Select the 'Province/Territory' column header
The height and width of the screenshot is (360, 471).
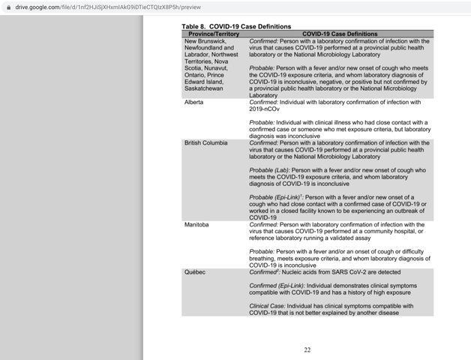(x=212, y=34)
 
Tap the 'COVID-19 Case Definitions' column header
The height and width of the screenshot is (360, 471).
(x=340, y=34)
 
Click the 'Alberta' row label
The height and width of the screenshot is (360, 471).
(x=194, y=102)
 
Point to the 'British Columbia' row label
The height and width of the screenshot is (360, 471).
(x=206, y=142)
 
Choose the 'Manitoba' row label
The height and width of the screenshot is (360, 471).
(x=196, y=224)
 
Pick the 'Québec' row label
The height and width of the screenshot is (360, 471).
(x=195, y=271)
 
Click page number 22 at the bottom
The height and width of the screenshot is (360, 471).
(x=307, y=349)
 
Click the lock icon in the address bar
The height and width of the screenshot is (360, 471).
(x=8, y=6)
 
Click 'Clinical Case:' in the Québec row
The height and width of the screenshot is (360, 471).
(x=267, y=305)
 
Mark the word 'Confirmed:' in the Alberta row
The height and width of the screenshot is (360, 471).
(x=263, y=102)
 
